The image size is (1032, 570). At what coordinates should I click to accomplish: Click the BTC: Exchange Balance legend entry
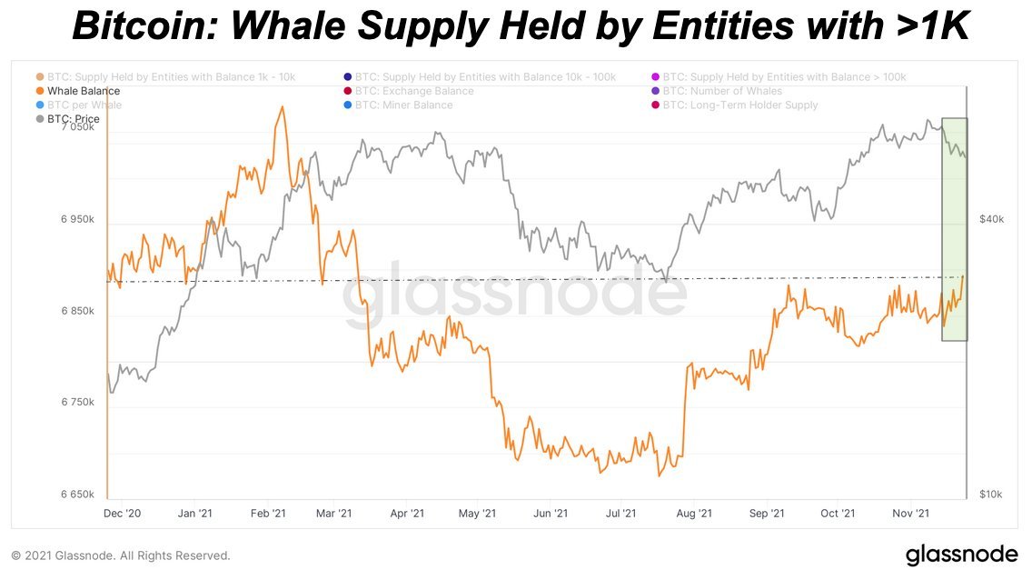[x=414, y=91]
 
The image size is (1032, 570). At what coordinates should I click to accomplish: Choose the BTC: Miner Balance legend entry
[x=404, y=105]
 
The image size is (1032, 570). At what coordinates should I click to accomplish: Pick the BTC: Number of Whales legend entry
[x=722, y=91]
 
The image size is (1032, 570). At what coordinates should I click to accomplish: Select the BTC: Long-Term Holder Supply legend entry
[x=740, y=105]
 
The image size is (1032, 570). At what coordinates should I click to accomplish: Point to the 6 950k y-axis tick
[x=78, y=220]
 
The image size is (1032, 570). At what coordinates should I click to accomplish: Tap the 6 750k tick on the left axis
[x=78, y=403]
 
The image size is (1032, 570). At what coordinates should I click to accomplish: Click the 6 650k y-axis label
[x=78, y=495]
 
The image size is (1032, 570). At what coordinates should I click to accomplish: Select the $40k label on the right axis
[x=990, y=220]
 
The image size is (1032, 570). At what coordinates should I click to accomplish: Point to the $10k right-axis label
[x=990, y=495]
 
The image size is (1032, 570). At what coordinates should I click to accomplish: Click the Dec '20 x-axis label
[x=123, y=514]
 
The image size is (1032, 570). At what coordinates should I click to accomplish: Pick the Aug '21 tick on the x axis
[x=694, y=514]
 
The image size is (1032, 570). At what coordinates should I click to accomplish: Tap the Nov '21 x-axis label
[x=910, y=514]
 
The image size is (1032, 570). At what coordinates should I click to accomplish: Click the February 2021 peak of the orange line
[x=283, y=107]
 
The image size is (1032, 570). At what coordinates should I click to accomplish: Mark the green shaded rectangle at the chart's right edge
[x=954, y=229]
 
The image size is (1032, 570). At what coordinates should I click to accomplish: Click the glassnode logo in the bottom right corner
[x=962, y=554]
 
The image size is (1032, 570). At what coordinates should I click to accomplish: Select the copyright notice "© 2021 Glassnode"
[x=120, y=555]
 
